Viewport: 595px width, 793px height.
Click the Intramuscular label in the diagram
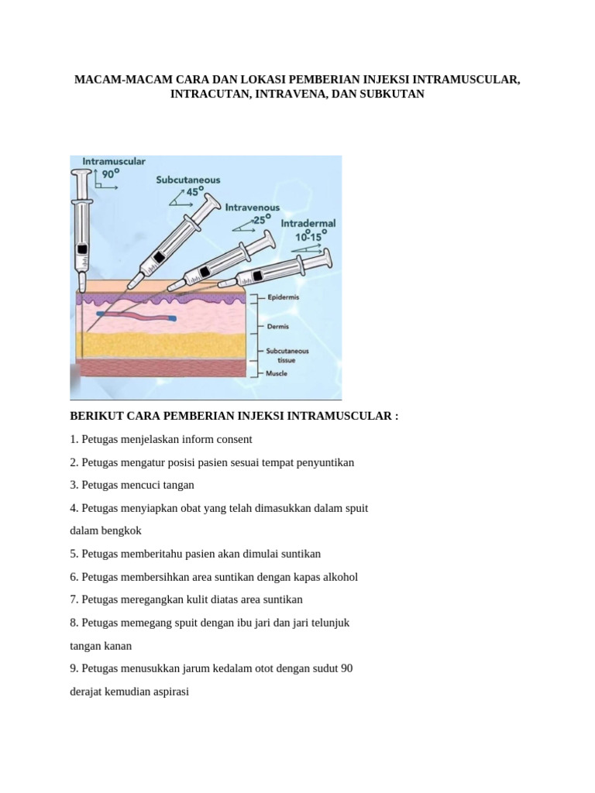[114, 161]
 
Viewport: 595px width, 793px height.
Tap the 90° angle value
[111, 174]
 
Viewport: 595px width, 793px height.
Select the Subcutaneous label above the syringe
[188, 180]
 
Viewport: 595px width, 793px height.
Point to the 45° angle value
[194, 192]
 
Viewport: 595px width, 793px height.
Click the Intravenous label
[253, 208]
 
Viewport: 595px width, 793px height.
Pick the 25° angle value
[262, 219]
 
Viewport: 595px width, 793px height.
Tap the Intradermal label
[308, 223]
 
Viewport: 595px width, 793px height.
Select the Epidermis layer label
[284, 297]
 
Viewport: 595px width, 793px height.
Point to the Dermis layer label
[278, 327]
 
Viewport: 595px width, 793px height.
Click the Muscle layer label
[277, 373]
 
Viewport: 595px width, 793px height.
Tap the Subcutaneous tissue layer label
[287, 355]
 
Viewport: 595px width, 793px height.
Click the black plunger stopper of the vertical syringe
[81, 249]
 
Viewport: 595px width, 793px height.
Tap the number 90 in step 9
[346, 668]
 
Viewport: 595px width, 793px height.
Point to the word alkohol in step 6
[341, 577]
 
